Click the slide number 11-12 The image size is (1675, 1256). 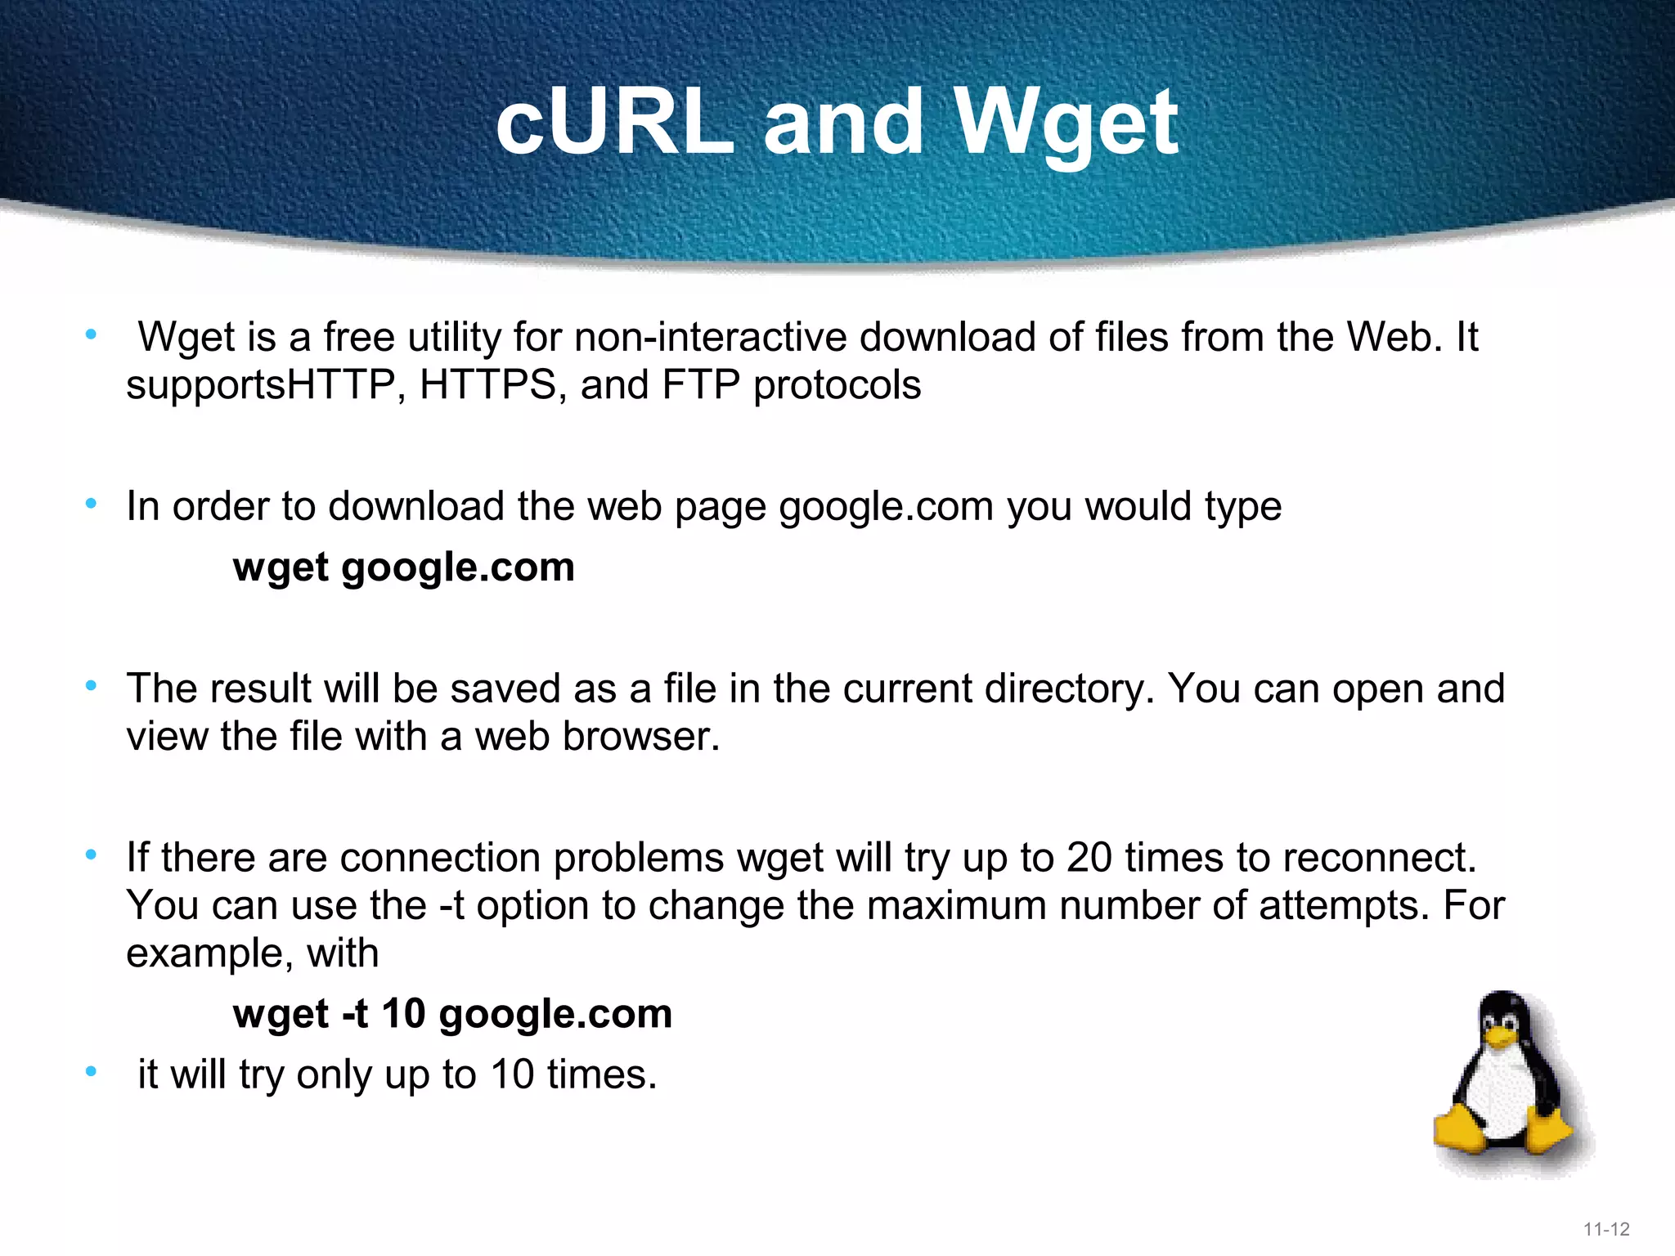coord(1606,1229)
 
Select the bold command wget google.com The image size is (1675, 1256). coord(404,567)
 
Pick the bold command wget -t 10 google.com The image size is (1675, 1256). coord(452,1014)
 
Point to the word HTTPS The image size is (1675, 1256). coord(487,385)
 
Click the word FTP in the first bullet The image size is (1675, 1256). coord(701,385)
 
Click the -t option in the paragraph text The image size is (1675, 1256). coord(451,906)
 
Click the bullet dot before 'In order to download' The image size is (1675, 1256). coord(92,504)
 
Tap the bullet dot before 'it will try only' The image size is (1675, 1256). coord(92,1071)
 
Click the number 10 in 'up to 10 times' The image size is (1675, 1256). coord(512,1074)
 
